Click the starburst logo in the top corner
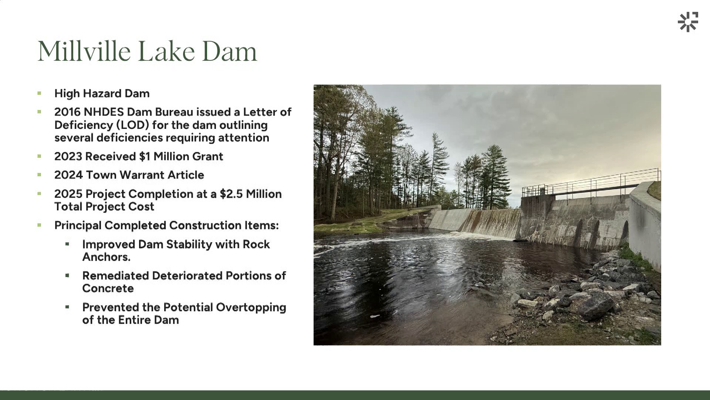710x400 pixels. tap(688, 22)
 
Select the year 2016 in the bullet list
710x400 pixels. tap(67, 112)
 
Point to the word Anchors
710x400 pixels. tap(106, 257)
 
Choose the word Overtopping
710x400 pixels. tap(251, 308)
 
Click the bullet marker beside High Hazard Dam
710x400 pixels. tap(39, 93)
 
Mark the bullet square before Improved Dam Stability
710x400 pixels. tap(67, 244)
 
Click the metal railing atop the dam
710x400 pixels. tap(591, 184)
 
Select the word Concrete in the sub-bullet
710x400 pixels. tap(108, 289)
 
